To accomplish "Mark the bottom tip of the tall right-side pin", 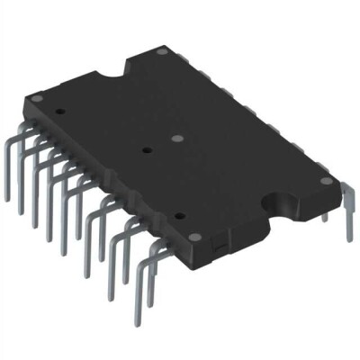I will pos(348,239).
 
